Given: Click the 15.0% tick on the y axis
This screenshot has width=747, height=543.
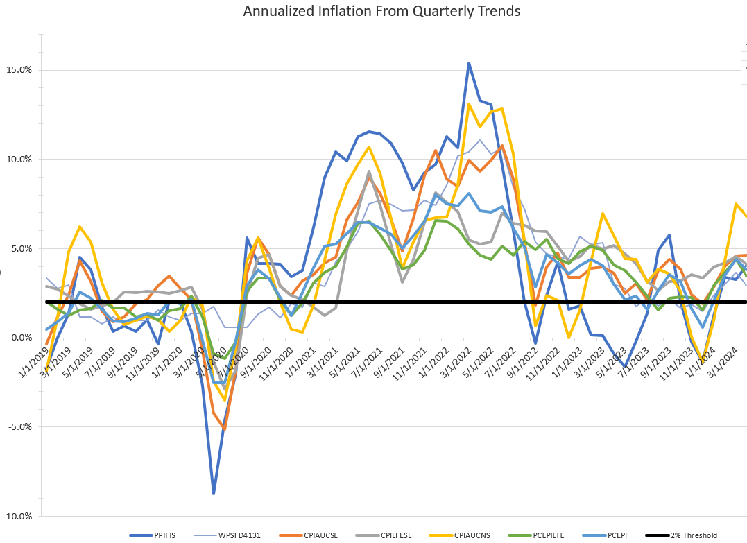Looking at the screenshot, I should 18,70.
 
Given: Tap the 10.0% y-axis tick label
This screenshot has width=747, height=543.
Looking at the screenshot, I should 18,160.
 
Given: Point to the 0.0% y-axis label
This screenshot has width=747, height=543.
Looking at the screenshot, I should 21,338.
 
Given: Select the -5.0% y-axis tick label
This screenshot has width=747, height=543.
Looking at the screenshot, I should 19,427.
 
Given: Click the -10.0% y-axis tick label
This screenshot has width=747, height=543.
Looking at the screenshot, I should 17,517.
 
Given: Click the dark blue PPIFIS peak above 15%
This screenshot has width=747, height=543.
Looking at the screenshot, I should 469,63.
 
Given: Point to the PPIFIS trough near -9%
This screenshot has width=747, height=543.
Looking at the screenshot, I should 214,494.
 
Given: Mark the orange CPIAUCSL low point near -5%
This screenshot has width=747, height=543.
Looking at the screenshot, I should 225,429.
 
